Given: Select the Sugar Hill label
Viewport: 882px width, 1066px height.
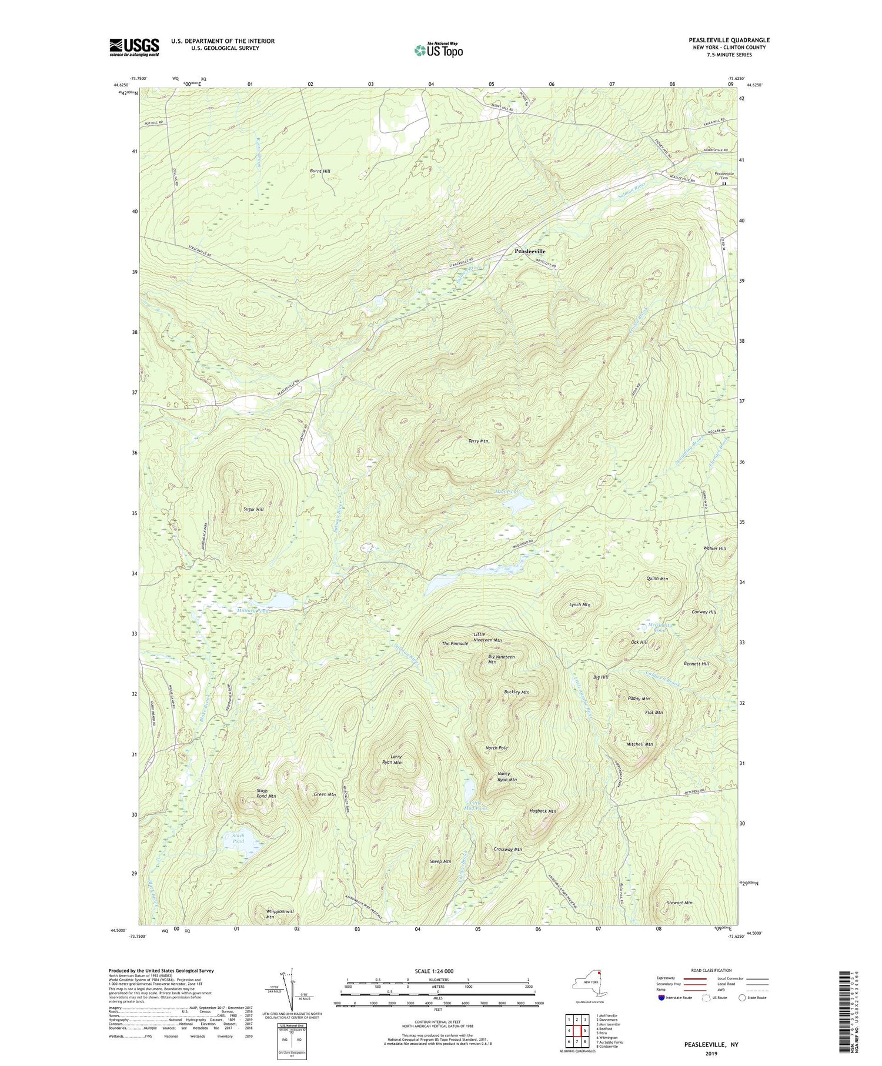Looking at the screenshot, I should tap(253, 509).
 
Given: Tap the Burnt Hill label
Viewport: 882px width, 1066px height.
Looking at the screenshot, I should tap(320, 171).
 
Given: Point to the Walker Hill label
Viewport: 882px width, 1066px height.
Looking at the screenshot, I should tap(714, 548).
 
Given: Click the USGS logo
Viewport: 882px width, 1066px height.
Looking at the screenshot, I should tap(134, 47).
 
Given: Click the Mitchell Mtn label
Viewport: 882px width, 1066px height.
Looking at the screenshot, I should tap(639, 744).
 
